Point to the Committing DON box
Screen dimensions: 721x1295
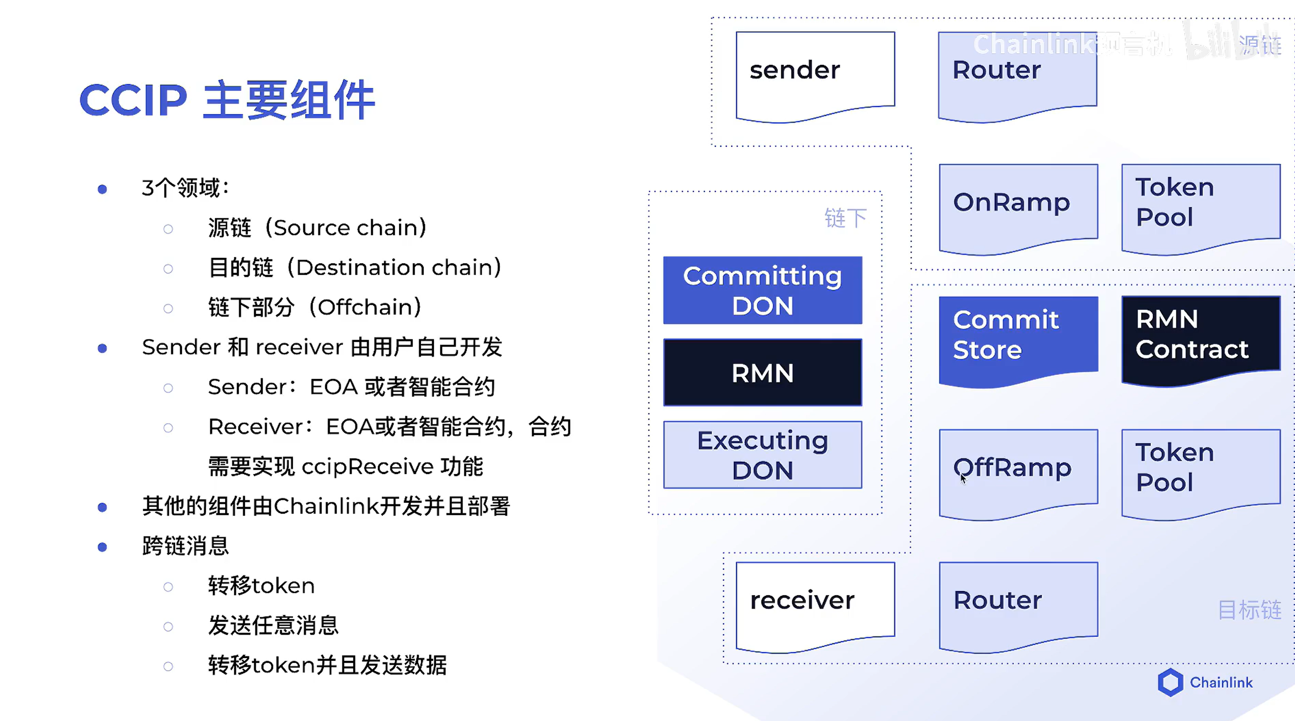point(762,290)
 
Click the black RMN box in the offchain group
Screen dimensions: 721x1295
point(762,373)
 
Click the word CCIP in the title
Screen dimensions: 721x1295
point(133,100)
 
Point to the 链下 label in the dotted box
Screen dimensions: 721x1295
point(846,219)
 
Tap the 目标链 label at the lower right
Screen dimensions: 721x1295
point(1249,610)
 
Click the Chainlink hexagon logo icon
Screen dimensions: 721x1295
point(1170,682)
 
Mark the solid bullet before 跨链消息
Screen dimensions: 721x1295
point(103,547)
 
